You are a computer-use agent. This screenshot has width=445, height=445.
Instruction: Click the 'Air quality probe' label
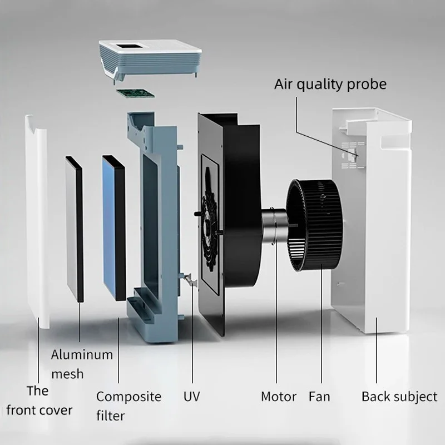point(330,84)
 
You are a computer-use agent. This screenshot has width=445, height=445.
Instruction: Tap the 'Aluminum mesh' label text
point(82,364)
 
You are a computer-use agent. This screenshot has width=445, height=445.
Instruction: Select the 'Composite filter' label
point(128,406)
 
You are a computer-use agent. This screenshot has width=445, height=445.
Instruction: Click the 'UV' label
point(191,397)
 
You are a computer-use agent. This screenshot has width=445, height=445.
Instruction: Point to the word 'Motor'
point(279,397)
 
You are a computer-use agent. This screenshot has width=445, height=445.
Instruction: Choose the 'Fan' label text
point(319,397)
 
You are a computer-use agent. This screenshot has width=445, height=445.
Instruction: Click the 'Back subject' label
point(399,397)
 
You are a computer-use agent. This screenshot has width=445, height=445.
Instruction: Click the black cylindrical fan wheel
point(314,225)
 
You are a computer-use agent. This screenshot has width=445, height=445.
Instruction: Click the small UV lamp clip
point(192,278)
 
